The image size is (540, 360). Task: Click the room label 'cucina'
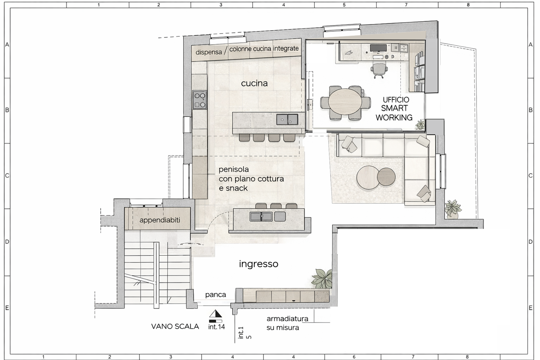tap(254, 84)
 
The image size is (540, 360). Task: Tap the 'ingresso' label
tap(259, 264)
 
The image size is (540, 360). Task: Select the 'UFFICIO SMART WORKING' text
tap(395, 109)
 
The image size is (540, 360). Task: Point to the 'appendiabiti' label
tap(160, 220)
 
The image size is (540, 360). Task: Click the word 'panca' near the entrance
tap(216, 294)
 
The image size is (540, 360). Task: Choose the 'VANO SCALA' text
tap(175, 327)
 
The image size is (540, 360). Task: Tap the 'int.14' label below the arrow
tap(216, 327)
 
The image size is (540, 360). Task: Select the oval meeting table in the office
tap(345, 103)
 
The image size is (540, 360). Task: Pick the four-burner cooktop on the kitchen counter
tap(199, 100)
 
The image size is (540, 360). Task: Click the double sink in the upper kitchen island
tap(287, 119)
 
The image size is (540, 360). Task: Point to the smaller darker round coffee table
tap(386, 177)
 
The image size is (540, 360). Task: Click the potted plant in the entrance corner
tap(322, 279)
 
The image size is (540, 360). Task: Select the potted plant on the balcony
tap(453, 209)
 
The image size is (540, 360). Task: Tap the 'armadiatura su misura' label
tap(287, 323)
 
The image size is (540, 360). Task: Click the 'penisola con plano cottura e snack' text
tap(251, 179)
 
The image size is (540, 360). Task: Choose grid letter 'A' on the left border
tap(7, 45)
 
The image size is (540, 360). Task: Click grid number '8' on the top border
tap(468, 5)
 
